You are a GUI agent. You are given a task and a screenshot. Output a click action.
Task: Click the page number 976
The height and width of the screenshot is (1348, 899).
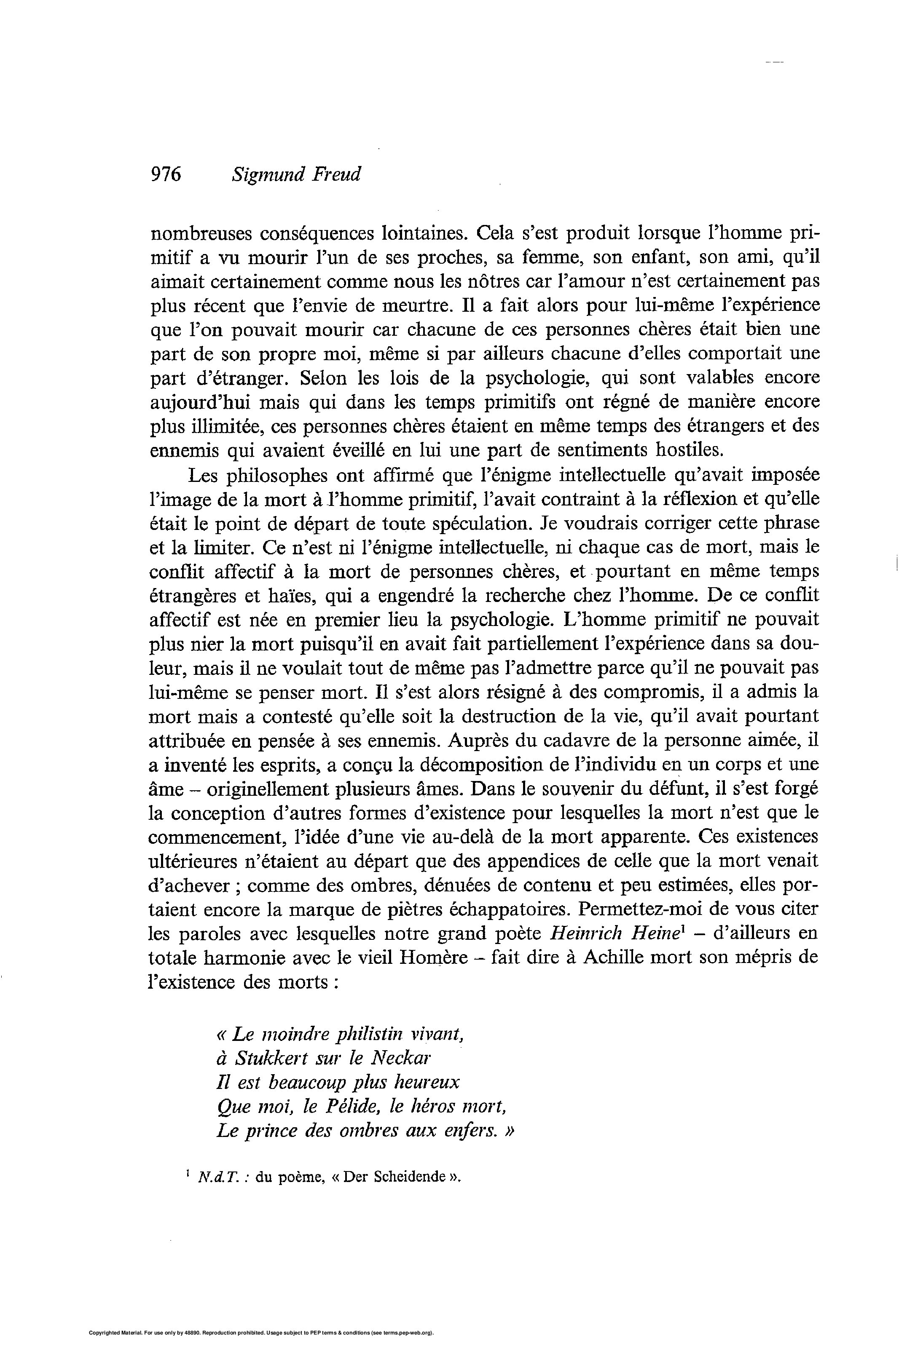tap(166, 174)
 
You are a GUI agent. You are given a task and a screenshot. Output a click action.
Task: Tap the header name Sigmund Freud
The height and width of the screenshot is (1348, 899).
tap(296, 174)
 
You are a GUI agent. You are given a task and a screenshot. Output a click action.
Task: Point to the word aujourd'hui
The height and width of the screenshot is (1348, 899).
tap(199, 402)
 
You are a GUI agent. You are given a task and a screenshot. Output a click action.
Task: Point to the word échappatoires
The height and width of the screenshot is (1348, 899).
tap(513, 909)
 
